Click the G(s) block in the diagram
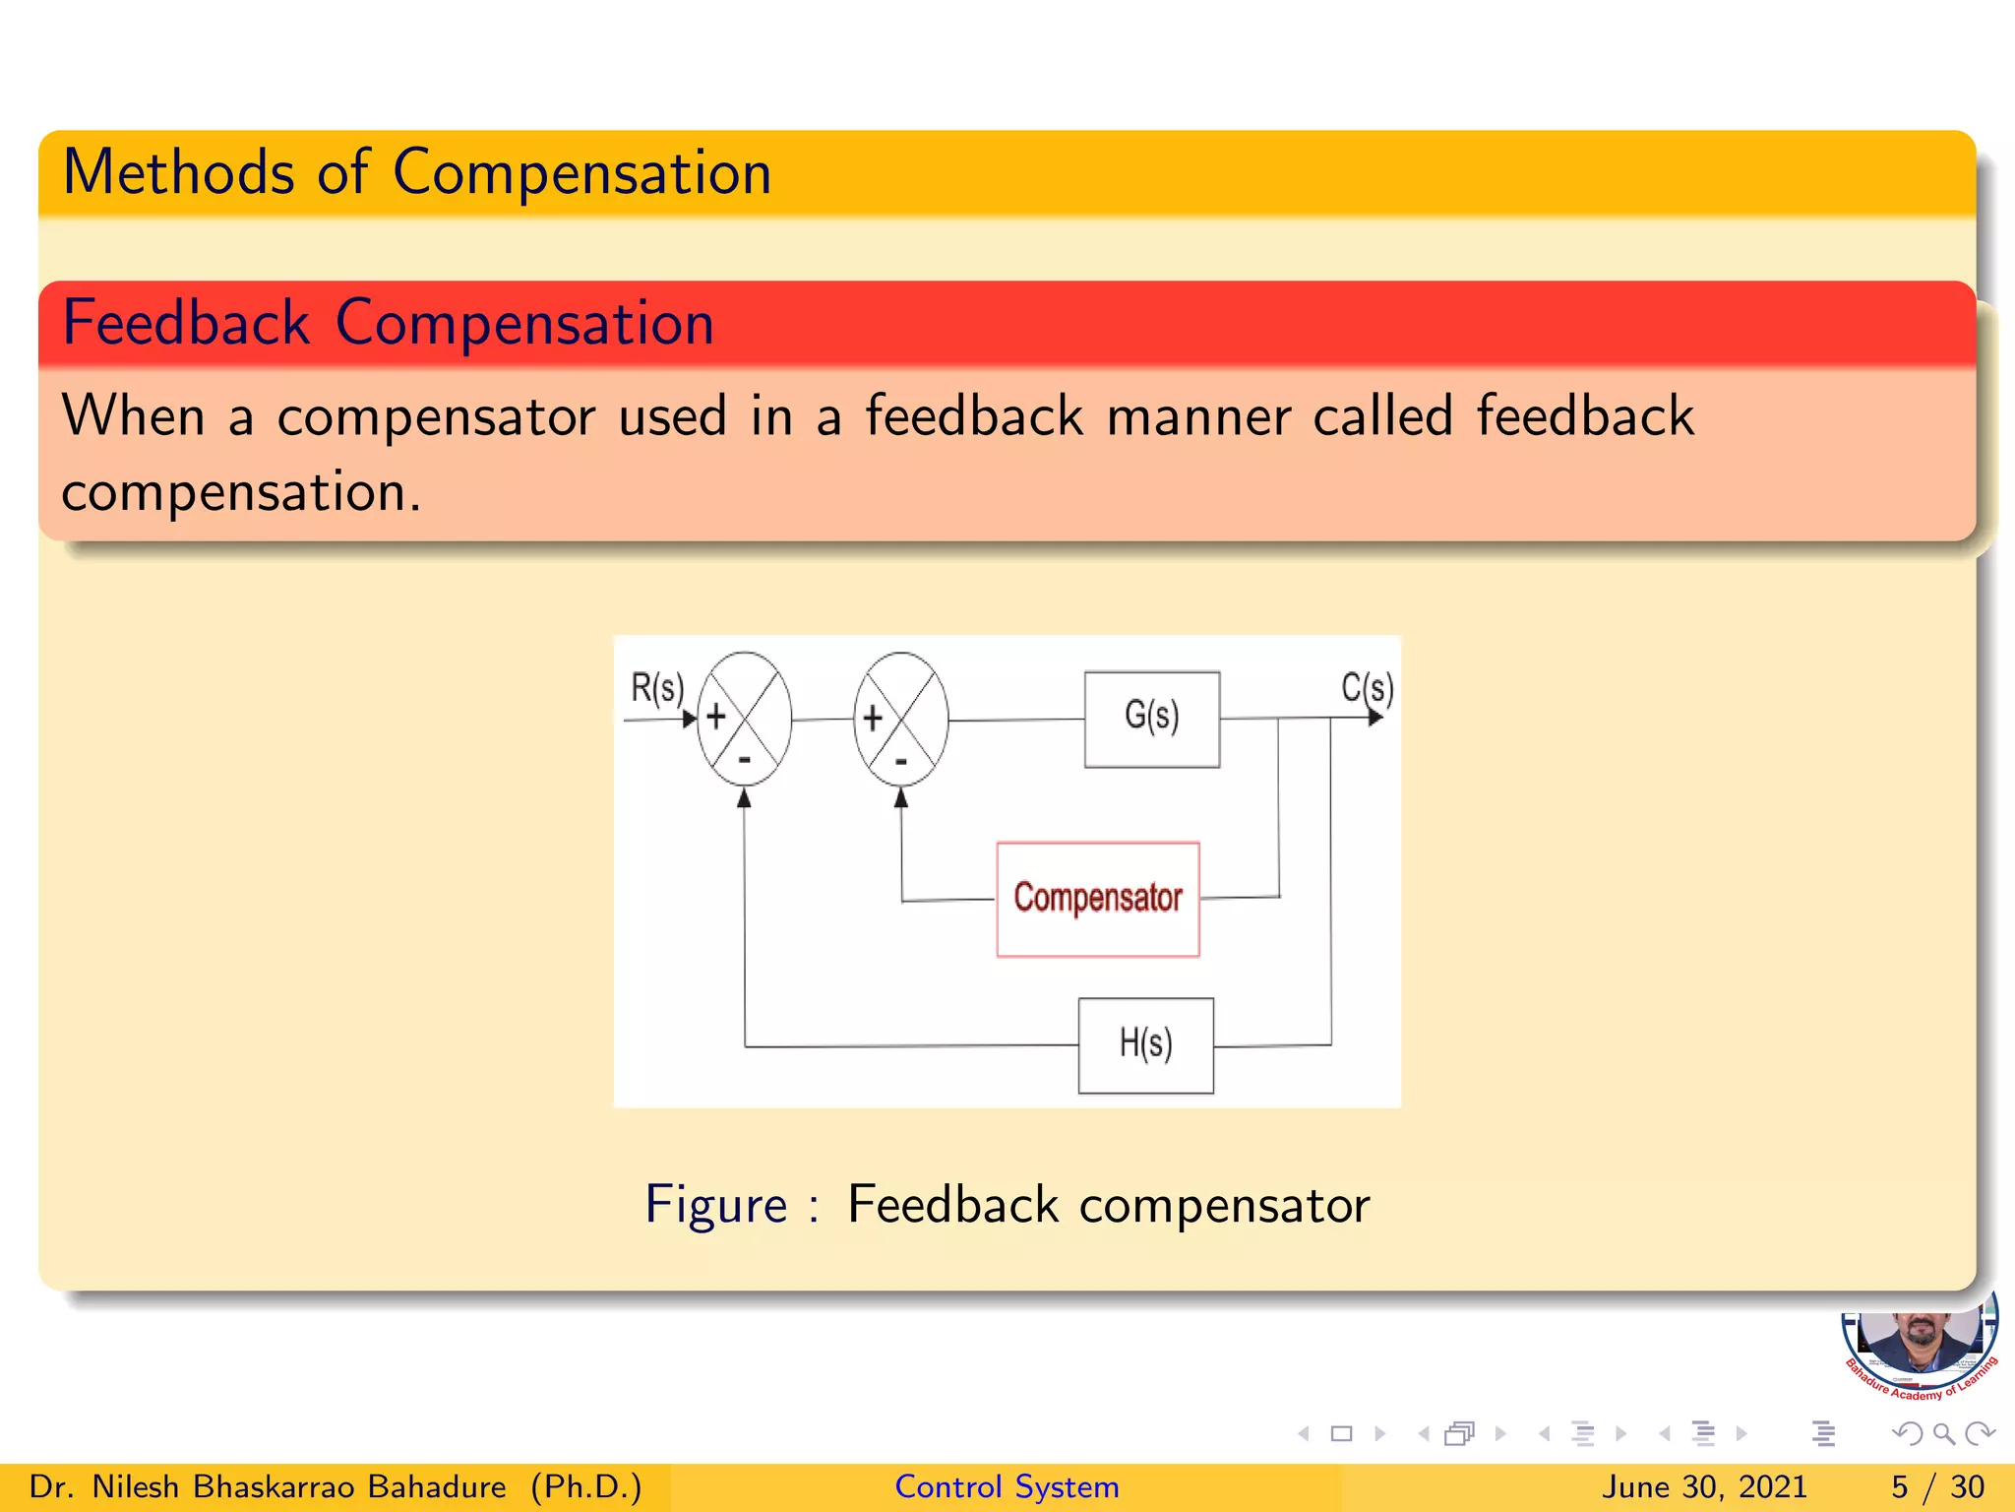pyautogui.click(x=1151, y=719)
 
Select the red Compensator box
pyautogui.click(x=1098, y=899)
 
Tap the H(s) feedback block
pyautogui.click(x=1145, y=1045)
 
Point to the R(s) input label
pyautogui.click(x=656, y=687)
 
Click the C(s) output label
pyautogui.click(x=1367, y=687)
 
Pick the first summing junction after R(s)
pyautogui.click(x=744, y=719)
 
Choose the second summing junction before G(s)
pyautogui.click(x=901, y=719)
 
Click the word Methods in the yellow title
pyautogui.click(x=178, y=173)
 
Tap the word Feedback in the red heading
pyautogui.click(x=186, y=323)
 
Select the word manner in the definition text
pyautogui.click(x=1197, y=415)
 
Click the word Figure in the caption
pyautogui.click(x=715, y=1205)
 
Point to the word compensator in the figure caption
pyautogui.click(x=1224, y=1205)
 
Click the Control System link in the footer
pyautogui.click(x=1007, y=1486)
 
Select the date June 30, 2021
pyautogui.click(x=1704, y=1486)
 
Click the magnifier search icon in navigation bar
pyautogui.click(x=1943, y=1434)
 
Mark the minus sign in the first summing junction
pyautogui.click(x=745, y=760)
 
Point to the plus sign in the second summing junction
pyautogui.click(x=873, y=718)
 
